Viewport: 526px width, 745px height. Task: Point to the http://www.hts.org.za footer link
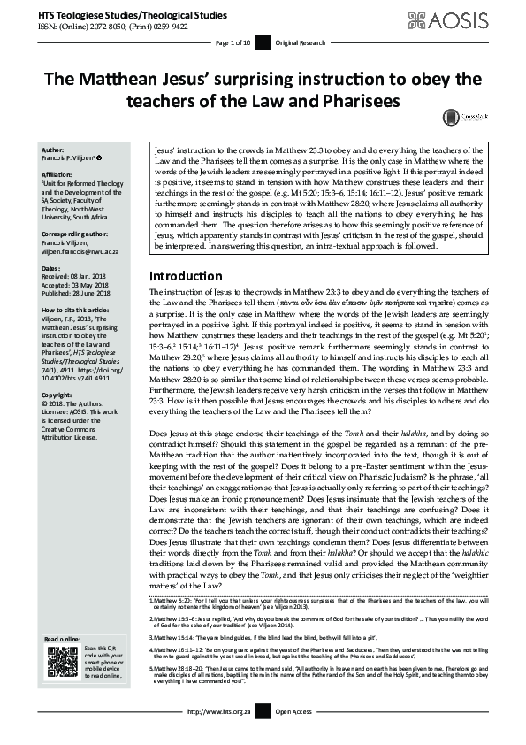pyautogui.click(x=221, y=736)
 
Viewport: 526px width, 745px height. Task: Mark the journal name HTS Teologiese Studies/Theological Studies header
pyautogui.click(x=125, y=14)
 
